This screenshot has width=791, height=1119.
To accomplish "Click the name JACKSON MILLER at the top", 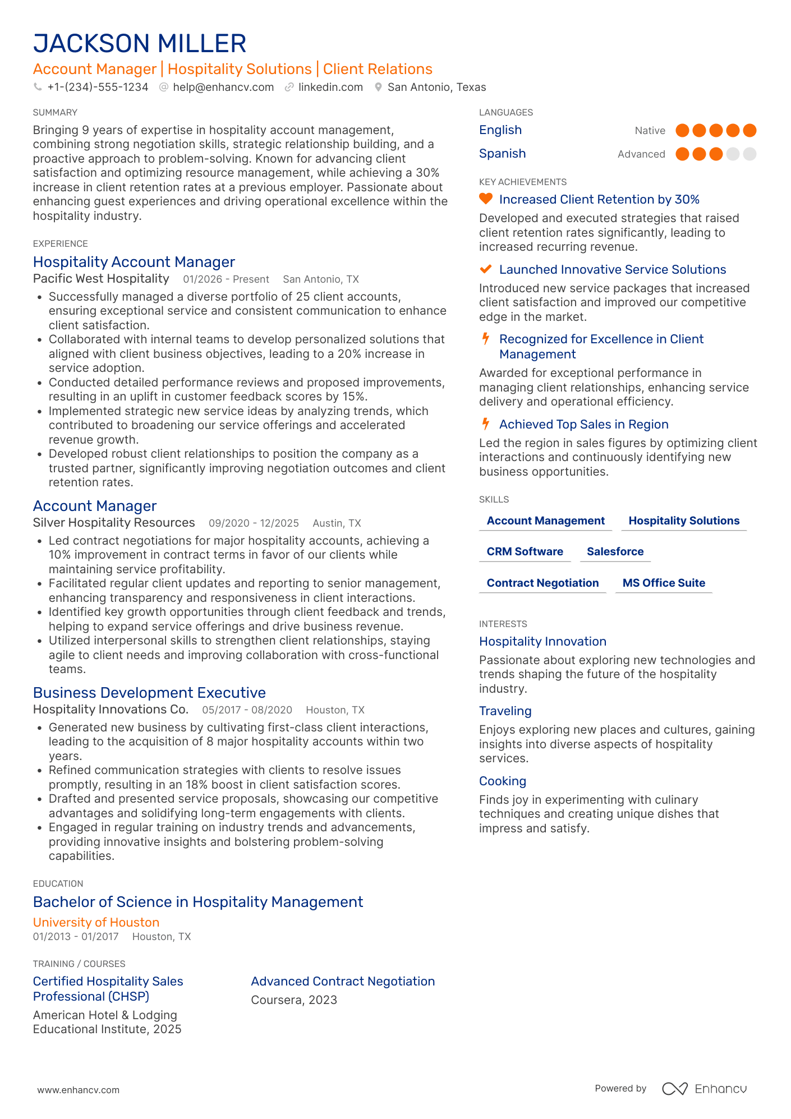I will tap(140, 44).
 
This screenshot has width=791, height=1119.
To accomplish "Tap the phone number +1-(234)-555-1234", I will tap(98, 87).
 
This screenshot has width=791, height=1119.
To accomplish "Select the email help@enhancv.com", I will tap(223, 87).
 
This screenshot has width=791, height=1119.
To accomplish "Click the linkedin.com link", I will tap(330, 87).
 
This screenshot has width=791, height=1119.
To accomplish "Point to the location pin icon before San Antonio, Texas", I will tap(379, 87).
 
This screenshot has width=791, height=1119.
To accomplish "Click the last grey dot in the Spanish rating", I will tap(749, 154).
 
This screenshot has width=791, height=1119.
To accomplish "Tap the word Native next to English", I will tap(650, 131).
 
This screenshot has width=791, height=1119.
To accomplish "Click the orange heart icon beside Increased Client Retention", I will tap(486, 199).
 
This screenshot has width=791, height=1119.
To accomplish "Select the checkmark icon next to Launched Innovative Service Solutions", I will tap(486, 269).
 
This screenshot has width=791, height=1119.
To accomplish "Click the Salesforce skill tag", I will tap(615, 551).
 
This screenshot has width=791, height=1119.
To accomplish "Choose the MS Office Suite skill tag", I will tap(664, 583).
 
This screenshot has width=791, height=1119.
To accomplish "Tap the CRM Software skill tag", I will tap(525, 551).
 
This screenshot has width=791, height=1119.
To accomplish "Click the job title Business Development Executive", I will tap(149, 693).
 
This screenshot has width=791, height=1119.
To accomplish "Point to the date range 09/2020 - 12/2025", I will tap(254, 523).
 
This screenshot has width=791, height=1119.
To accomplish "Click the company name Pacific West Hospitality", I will tap(101, 279).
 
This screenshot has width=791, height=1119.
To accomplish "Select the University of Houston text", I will tap(96, 922).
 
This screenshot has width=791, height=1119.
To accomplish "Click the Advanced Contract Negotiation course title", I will tap(343, 981).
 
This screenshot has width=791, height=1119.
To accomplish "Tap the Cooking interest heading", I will tap(502, 781).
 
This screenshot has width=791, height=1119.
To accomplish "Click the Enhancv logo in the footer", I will tap(704, 1089).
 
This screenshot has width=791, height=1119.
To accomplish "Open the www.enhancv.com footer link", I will tap(79, 1090).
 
